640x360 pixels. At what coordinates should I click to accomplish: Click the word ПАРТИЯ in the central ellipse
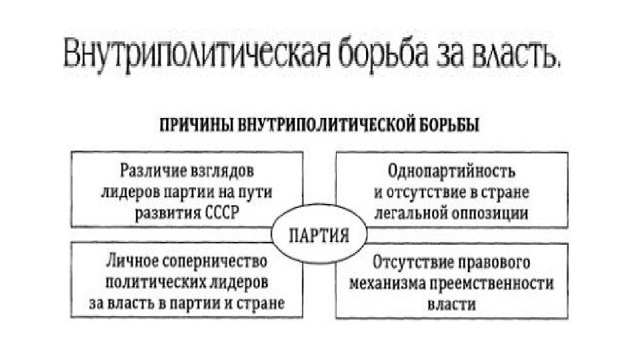[x=319, y=236]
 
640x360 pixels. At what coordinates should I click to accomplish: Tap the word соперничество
[x=210, y=259]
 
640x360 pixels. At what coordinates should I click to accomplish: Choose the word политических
[x=145, y=281]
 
